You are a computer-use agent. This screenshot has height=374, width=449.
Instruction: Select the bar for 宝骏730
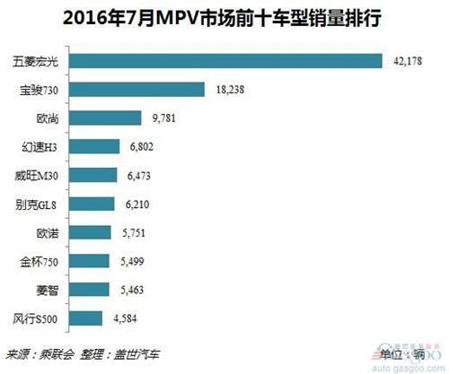(x=136, y=89)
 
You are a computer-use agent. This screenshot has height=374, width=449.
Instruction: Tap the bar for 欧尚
(x=105, y=117)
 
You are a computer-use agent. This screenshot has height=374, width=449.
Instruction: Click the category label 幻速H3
(x=42, y=146)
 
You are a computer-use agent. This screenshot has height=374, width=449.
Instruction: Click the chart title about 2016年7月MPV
(x=224, y=17)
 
